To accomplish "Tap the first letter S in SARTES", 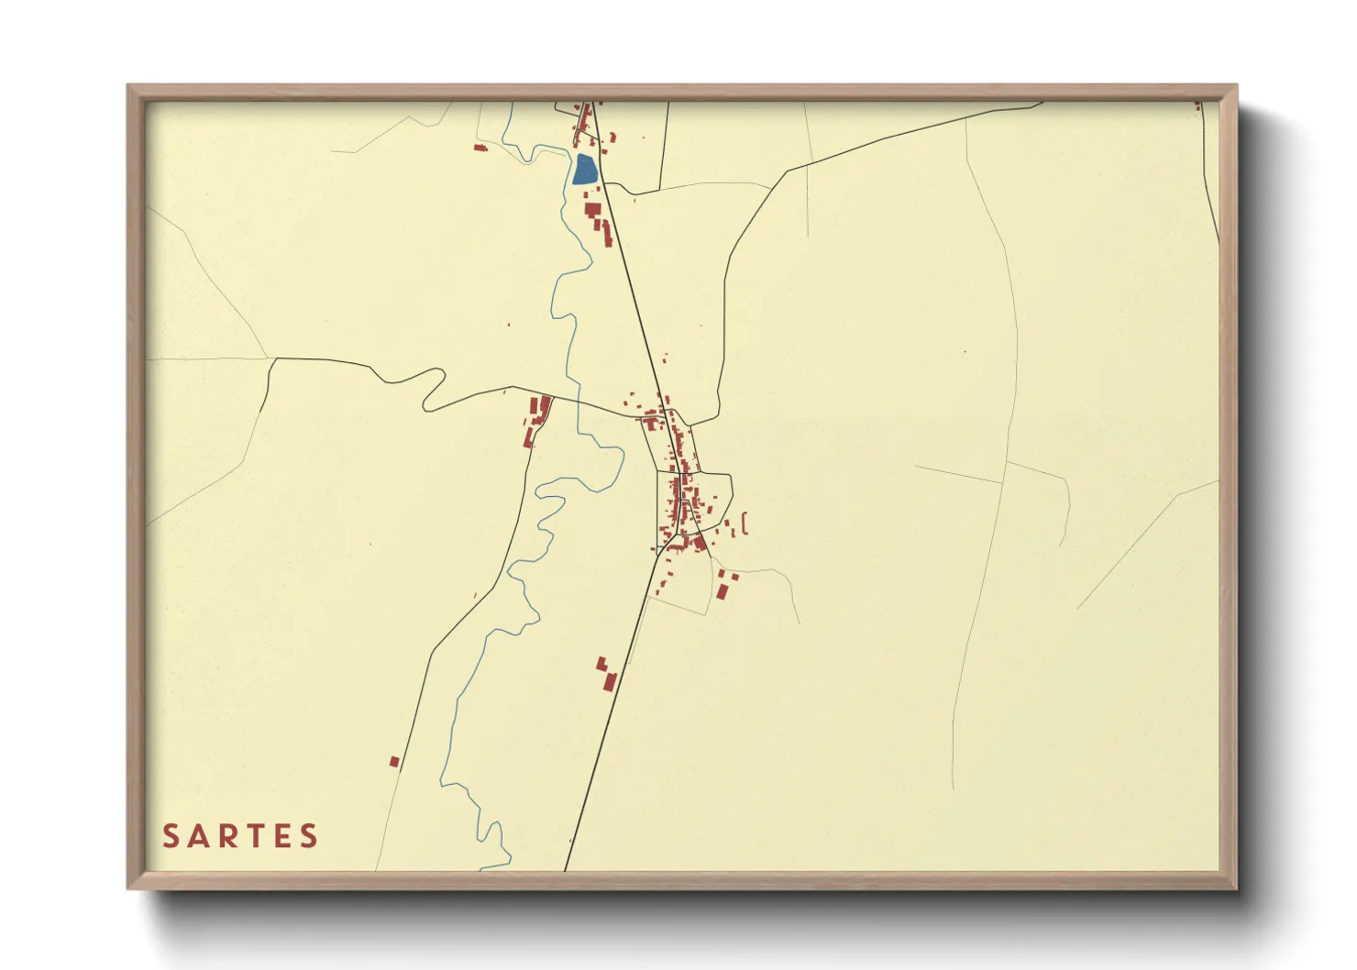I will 171,836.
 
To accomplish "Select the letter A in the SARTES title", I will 200,836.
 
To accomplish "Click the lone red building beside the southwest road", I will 394,762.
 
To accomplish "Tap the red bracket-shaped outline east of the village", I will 744,524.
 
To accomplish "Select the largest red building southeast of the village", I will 722,591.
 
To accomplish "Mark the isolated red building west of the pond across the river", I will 480,147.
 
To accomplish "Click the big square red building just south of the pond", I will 591,210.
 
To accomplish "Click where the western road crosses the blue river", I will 578,401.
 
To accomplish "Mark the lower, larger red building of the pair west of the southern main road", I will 608,681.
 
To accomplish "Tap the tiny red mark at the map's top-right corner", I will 1197,106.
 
